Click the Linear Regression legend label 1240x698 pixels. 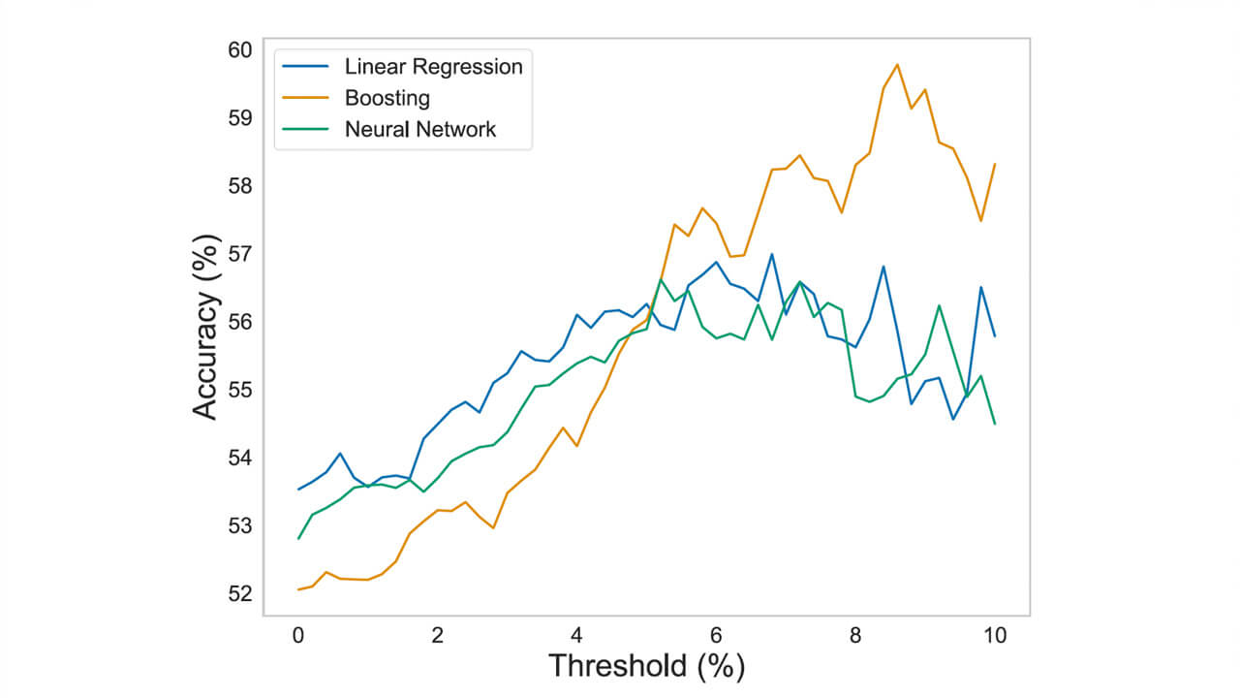click(x=433, y=67)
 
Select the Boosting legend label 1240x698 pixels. click(x=387, y=98)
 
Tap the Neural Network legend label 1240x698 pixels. click(x=419, y=129)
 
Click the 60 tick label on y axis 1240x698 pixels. click(x=239, y=49)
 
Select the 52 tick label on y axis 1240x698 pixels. click(x=239, y=593)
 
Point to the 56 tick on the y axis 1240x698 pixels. click(x=239, y=321)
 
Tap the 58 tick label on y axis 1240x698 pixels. click(x=239, y=185)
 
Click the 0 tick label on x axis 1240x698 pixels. click(x=298, y=636)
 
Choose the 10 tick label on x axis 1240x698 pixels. click(x=995, y=636)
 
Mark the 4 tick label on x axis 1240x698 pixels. click(x=577, y=636)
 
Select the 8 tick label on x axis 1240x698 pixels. click(x=856, y=636)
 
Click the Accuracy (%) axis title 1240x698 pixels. click(x=204, y=326)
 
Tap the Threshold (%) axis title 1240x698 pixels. click(x=646, y=667)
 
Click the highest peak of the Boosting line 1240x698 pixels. click(x=897, y=65)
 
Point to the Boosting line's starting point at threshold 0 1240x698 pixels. click(x=298, y=589)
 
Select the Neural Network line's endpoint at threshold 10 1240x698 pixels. click(x=995, y=424)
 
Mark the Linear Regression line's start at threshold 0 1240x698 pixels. click(x=298, y=490)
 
